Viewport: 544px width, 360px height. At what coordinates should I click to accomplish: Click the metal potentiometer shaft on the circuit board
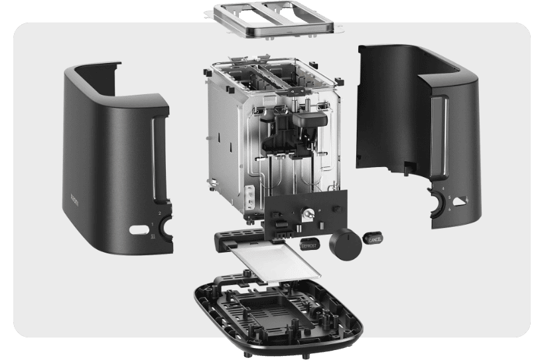coord(307,213)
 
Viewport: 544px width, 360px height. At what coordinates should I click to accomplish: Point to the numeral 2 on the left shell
coord(160,213)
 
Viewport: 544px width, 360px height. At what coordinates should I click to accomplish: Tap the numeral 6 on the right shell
coord(451,209)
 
